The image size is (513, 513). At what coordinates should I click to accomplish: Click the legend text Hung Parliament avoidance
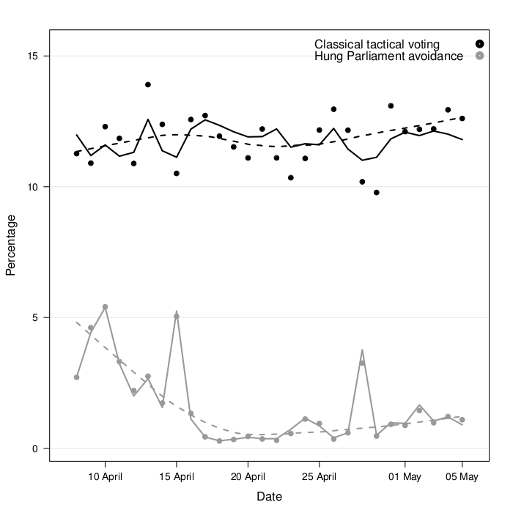coord(388,56)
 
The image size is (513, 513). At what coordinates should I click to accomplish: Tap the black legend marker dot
coord(479,45)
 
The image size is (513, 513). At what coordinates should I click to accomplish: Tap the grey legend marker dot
coord(479,56)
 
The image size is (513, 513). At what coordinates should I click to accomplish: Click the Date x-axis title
coord(269,497)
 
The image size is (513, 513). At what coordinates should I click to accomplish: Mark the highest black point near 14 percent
coord(148,85)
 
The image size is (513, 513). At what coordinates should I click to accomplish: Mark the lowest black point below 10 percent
coord(377,193)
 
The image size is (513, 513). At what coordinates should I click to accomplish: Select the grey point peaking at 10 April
coord(105,307)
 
